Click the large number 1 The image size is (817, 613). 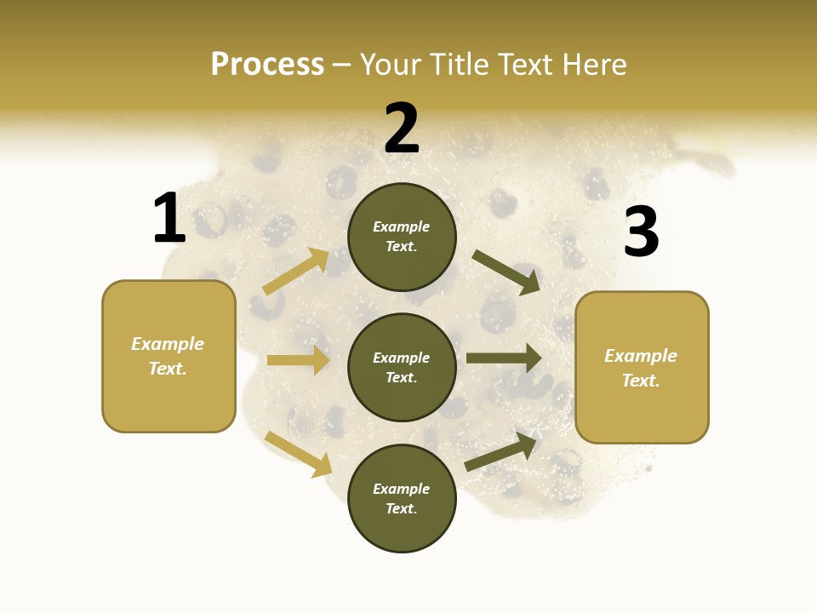(x=169, y=219)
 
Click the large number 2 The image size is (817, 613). (x=402, y=129)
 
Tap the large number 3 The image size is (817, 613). (x=642, y=232)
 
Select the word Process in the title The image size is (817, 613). (x=267, y=64)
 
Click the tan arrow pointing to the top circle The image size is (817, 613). (x=296, y=271)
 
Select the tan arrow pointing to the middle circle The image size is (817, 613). (x=298, y=360)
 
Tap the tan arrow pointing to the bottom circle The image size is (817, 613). (x=298, y=453)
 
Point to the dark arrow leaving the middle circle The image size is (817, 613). (x=504, y=358)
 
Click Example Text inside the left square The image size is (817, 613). (x=168, y=356)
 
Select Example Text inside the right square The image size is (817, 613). (x=641, y=368)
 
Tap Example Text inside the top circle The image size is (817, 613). (x=402, y=236)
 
